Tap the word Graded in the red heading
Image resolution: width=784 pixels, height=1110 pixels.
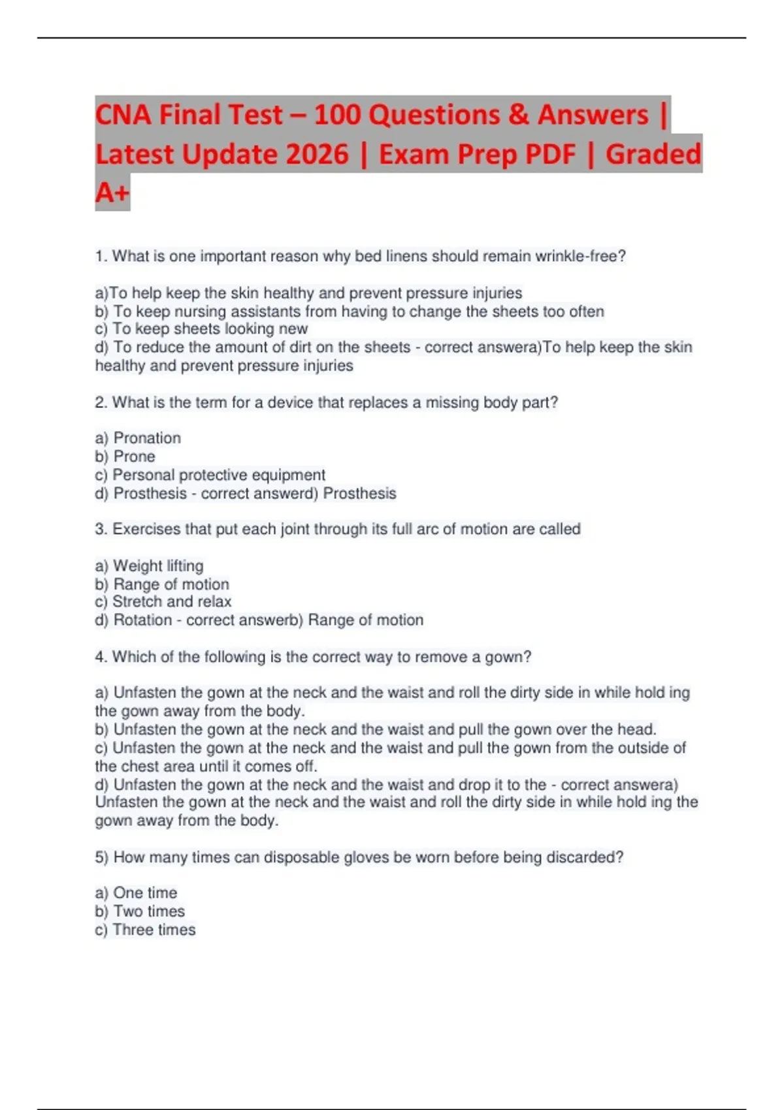coord(653,154)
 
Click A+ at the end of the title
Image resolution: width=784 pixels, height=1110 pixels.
coord(112,193)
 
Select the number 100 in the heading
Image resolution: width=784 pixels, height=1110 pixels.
coord(337,115)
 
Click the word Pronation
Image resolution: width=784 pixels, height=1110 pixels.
coord(147,438)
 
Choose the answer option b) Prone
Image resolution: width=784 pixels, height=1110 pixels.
coord(125,456)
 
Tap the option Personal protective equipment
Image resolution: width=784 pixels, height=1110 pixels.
coord(218,475)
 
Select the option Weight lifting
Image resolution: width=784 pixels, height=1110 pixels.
coord(158,565)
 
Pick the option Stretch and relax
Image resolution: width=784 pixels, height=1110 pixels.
coord(172,601)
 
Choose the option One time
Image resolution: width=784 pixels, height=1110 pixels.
coord(145,893)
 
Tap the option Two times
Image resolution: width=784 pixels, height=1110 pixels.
coord(149,911)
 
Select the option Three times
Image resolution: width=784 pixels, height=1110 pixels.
coord(154,929)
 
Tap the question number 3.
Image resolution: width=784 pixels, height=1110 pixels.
coord(101,529)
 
